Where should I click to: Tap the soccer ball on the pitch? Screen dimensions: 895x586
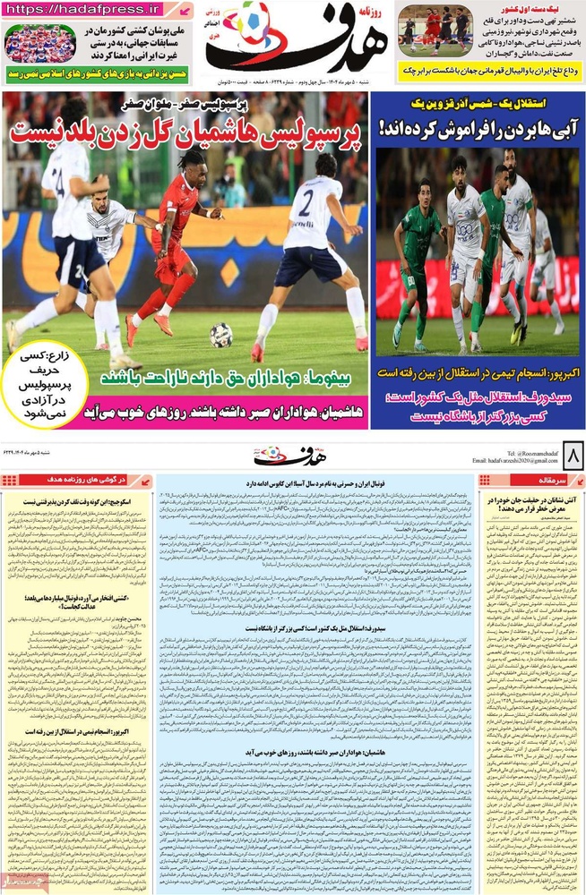coord(221,335)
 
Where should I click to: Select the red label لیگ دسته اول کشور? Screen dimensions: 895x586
coord(547,8)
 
